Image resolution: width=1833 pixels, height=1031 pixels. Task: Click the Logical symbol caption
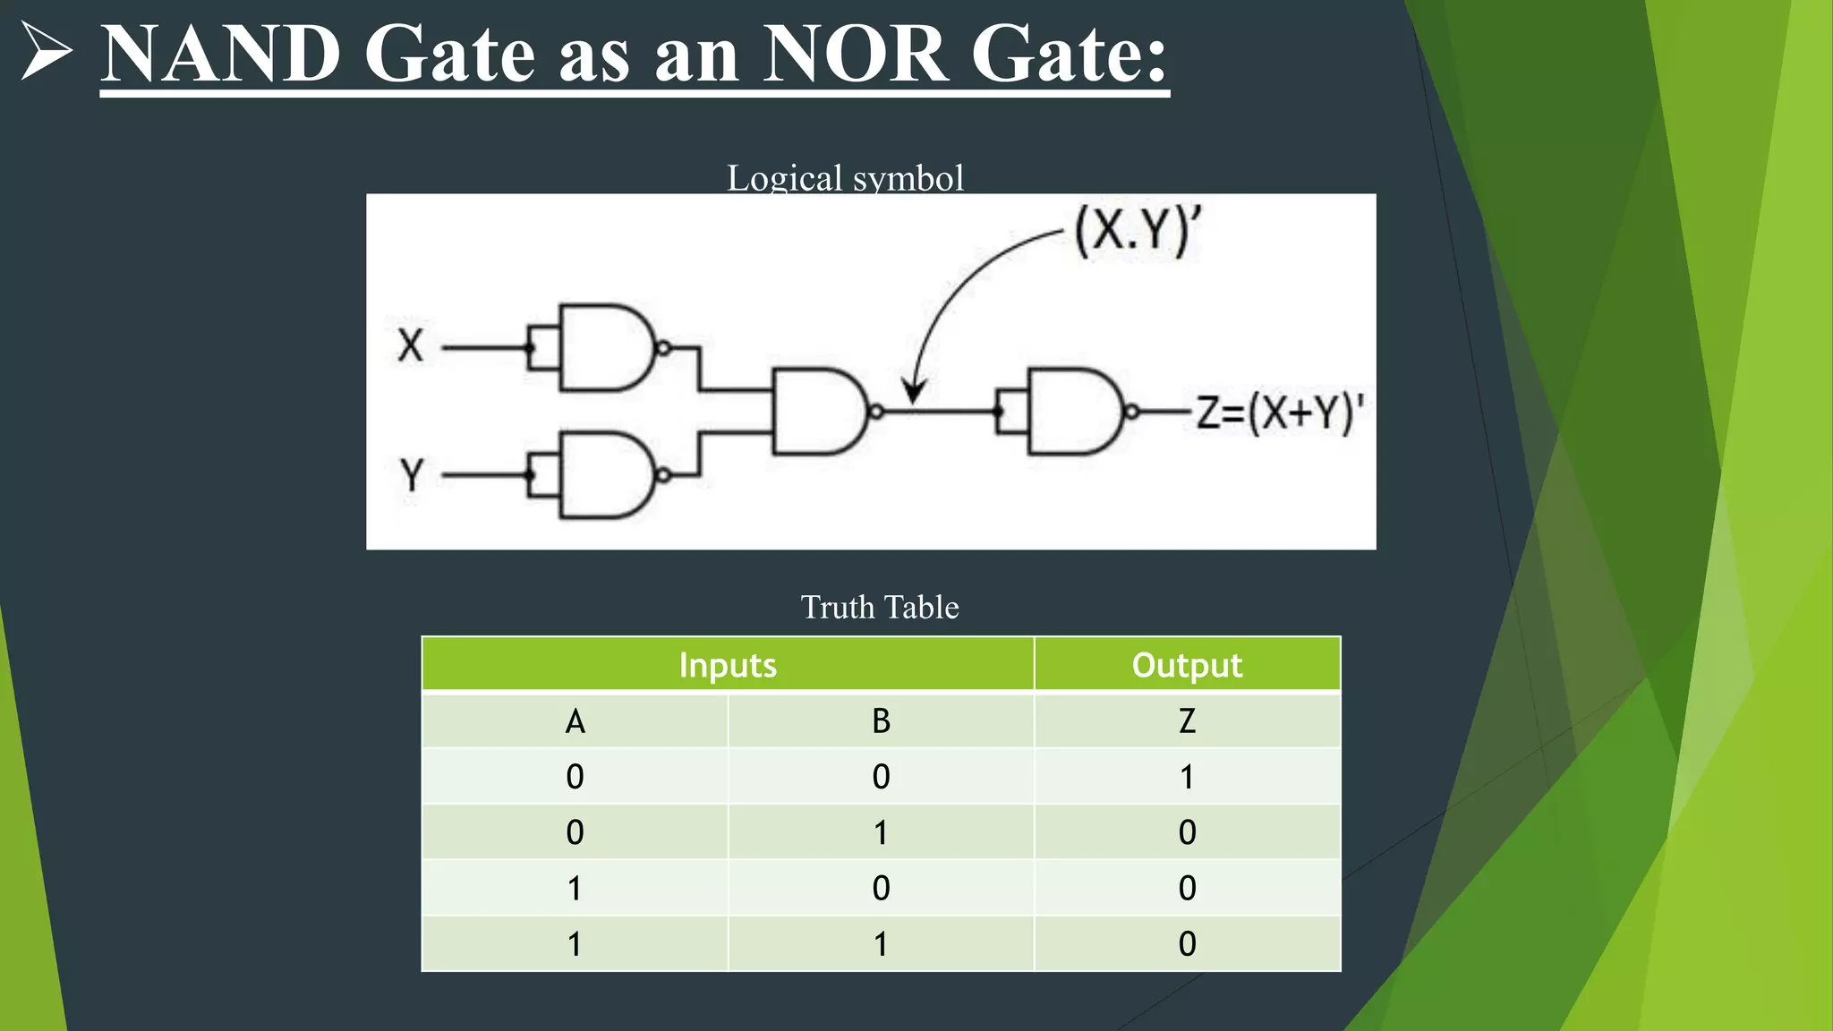pyautogui.click(x=845, y=177)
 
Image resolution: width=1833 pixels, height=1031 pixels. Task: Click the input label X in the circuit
pyautogui.click(x=410, y=345)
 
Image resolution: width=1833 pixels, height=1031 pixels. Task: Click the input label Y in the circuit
pyautogui.click(x=411, y=475)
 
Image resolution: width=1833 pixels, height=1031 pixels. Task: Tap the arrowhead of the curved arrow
pyautogui.click(x=914, y=392)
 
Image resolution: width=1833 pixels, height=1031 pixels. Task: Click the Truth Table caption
pyautogui.click(x=879, y=607)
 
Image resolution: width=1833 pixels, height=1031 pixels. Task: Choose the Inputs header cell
pyautogui.click(x=728, y=665)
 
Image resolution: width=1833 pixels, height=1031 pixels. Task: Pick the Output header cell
pyautogui.click(x=1187, y=665)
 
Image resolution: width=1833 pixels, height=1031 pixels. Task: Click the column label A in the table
pyautogui.click(x=575, y=721)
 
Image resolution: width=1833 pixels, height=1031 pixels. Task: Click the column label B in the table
pyautogui.click(x=881, y=721)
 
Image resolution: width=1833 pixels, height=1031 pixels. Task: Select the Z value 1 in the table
pyautogui.click(x=1187, y=777)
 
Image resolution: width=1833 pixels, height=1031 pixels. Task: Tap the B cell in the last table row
pyautogui.click(x=881, y=944)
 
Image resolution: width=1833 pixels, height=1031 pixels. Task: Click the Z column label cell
pyautogui.click(x=1187, y=721)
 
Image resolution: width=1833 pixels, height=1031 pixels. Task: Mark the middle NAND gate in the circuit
pyautogui.click(x=816, y=411)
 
